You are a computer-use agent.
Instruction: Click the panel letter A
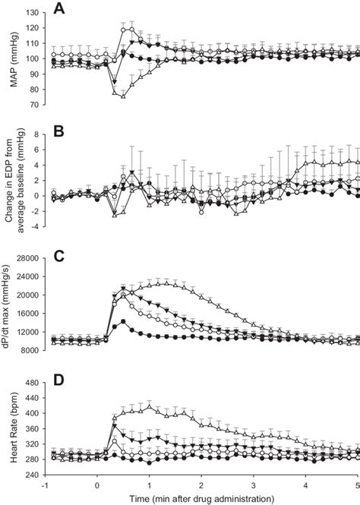(59, 10)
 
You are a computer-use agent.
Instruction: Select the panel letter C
(59, 256)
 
